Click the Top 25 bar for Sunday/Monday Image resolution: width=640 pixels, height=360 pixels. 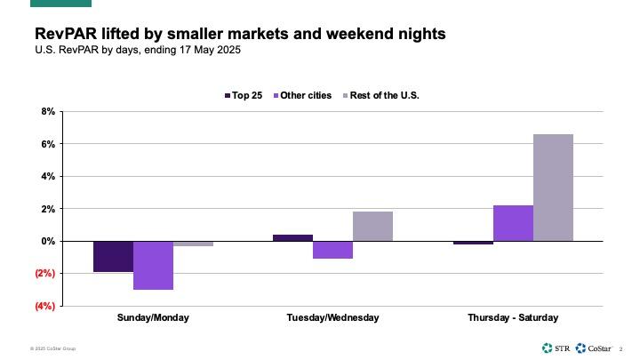click(x=113, y=256)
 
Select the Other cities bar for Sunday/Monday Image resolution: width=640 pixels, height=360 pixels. click(x=153, y=265)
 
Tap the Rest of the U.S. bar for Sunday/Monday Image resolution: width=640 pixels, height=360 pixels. click(x=193, y=244)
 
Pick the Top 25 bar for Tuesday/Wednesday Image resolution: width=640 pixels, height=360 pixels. click(x=292, y=237)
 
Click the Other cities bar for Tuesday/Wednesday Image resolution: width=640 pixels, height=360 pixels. click(x=332, y=250)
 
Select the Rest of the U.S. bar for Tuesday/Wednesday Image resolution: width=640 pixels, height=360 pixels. click(x=372, y=226)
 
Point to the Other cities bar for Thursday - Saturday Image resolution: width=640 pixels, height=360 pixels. click(x=513, y=223)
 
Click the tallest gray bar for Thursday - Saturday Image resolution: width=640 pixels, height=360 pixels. click(x=553, y=188)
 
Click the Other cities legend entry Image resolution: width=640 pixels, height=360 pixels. click(x=301, y=95)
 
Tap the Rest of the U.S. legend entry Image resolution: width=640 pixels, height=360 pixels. click(x=380, y=95)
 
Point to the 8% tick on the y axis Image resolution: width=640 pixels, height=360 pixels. click(x=47, y=111)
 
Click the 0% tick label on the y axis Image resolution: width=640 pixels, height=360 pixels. click(x=47, y=241)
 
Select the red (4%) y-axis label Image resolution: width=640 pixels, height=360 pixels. click(x=44, y=306)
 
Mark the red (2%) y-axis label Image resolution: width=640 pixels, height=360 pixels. click(x=44, y=274)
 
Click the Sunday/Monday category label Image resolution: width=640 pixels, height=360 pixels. click(x=153, y=317)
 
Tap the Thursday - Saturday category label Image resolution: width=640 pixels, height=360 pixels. click(x=513, y=317)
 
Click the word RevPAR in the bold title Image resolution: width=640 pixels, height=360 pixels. click(x=63, y=34)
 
